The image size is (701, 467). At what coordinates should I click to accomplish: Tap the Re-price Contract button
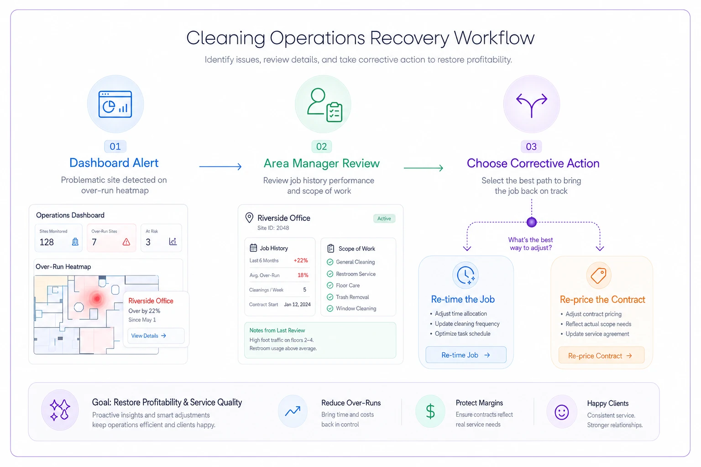(x=601, y=356)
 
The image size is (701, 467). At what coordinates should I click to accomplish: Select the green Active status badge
(x=384, y=218)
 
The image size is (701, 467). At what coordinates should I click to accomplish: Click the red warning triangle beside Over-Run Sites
(x=126, y=242)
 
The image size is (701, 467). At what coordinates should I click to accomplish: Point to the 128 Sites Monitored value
(x=47, y=242)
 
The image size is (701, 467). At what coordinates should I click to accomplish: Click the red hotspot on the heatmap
(x=97, y=299)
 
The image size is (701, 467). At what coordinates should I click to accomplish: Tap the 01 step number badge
(x=115, y=146)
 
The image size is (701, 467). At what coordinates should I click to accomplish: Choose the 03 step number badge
(x=531, y=146)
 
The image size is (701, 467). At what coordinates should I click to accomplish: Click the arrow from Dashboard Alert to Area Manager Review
(x=220, y=166)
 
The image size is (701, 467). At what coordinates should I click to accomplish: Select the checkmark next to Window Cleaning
(x=330, y=308)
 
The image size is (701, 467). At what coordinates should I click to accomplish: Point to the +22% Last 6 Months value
(x=300, y=260)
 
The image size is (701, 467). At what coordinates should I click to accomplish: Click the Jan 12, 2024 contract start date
(x=297, y=304)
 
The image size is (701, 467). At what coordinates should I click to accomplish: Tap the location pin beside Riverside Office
(x=249, y=218)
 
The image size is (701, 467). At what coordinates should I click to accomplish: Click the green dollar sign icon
(x=430, y=411)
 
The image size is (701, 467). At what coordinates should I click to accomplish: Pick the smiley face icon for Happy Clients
(x=561, y=412)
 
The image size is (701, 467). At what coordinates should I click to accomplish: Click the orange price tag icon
(x=598, y=275)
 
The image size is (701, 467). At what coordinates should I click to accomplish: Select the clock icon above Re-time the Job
(x=466, y=275)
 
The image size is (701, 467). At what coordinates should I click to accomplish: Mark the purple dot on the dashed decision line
(x=531, y=222)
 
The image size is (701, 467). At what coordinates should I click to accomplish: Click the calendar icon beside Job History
(x=253, y=248)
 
